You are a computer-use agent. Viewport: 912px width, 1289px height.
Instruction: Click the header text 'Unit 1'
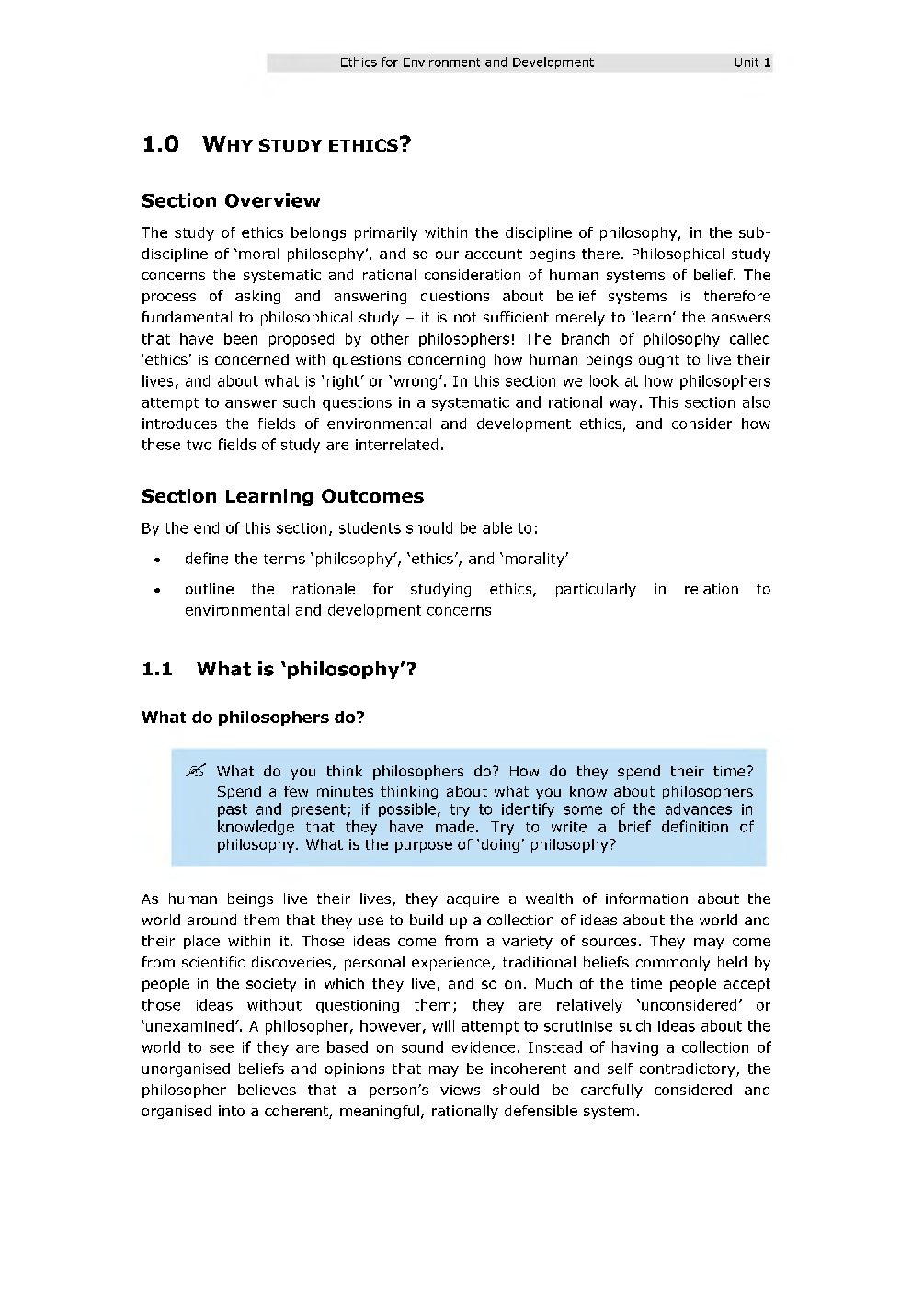752,62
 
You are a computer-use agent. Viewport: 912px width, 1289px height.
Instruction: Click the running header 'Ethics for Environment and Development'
466,62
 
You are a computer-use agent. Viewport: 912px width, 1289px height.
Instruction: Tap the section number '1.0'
160,144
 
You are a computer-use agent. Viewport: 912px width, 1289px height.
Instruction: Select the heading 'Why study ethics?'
306,144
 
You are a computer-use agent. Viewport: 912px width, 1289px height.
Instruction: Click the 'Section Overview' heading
231,200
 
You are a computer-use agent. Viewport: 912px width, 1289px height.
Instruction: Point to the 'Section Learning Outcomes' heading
282,496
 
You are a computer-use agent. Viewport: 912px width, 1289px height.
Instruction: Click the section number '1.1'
157,669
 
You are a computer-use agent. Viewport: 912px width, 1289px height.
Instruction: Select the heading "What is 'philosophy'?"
306,669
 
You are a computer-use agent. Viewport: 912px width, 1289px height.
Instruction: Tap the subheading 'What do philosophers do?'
253,718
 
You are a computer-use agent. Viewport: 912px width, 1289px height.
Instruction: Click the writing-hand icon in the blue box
196,771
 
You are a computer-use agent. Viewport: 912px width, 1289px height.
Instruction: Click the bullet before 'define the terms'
158,560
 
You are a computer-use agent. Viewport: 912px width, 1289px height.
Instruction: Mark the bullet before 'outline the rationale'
158,590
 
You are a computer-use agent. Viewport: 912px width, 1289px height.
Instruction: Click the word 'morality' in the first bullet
534,559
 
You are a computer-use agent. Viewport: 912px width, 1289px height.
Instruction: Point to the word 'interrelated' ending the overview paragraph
398,445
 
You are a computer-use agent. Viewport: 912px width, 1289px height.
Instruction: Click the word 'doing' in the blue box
502,844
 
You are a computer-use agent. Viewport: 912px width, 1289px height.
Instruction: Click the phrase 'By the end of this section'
234,528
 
